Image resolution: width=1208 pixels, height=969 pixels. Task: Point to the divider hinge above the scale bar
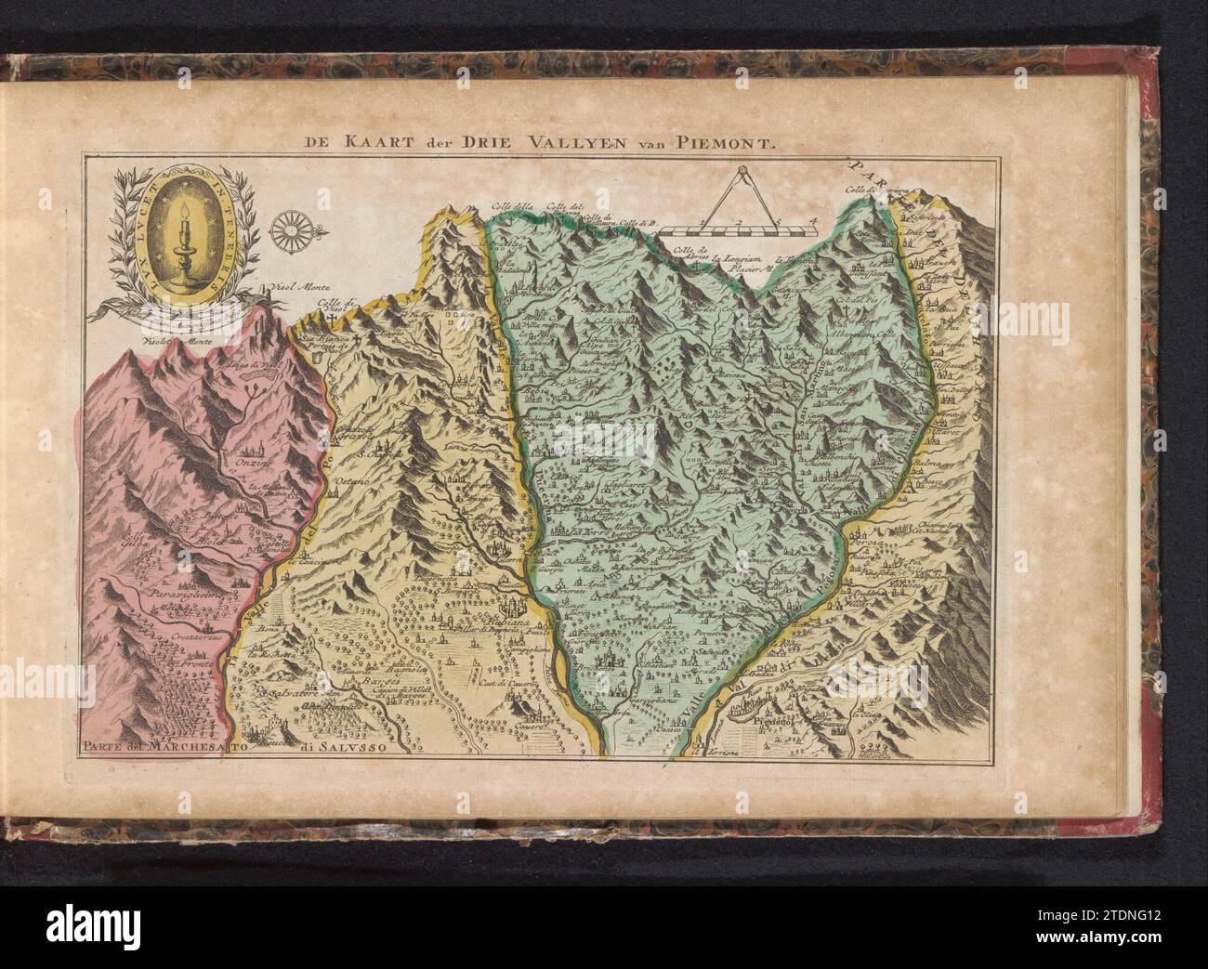pyautogui.click(x=741, y=171)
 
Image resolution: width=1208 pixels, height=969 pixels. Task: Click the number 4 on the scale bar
pyautogui.click(x=814, y=221)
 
